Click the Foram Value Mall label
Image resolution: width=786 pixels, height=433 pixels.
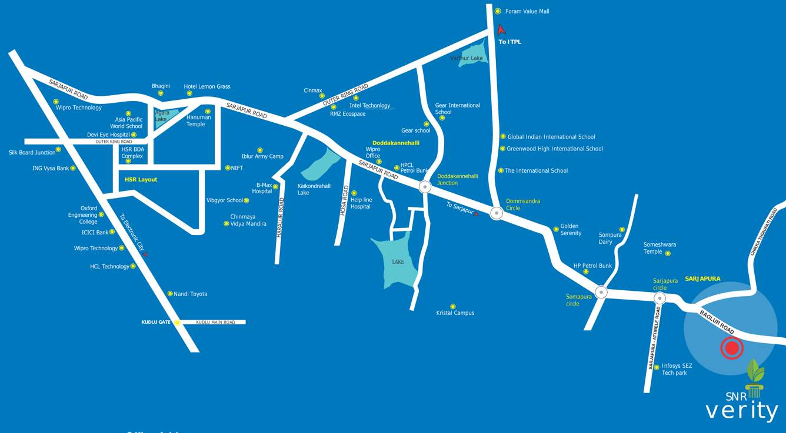click(x=527, y=11)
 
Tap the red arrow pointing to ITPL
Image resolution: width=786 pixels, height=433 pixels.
click(x=501, y=29)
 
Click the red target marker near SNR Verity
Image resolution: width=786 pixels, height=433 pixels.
click(x=732, y=348)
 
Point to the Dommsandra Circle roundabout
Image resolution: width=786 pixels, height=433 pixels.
click(x=497, y=213)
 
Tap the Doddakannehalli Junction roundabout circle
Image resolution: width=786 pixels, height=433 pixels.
click(x=425, y=187)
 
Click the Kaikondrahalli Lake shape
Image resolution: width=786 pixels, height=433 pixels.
click(x=321, y=165)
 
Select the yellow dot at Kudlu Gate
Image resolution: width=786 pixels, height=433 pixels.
click(x=176, y=323)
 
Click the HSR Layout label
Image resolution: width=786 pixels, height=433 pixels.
click(x=141, y=180)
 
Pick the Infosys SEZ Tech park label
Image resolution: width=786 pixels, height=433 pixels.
click(x=677, y=369)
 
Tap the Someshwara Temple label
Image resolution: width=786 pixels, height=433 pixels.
click(x=660, y=248)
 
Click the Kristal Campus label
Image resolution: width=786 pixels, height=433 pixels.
click(x=455, y=313)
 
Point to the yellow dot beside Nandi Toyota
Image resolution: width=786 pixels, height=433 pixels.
click(x=170, y=294)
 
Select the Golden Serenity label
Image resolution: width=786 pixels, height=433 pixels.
click(x=571, y=230)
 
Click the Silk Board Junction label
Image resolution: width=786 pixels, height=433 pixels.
click(x=32, y=152)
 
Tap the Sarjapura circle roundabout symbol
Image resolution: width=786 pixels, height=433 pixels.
click(x=660, y=298)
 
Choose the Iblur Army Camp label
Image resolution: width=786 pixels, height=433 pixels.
click(x=262, y=156)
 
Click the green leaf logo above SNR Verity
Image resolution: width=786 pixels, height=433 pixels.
click(x=755, y=372)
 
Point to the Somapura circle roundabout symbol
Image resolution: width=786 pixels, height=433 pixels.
click(x=601, y=291)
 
